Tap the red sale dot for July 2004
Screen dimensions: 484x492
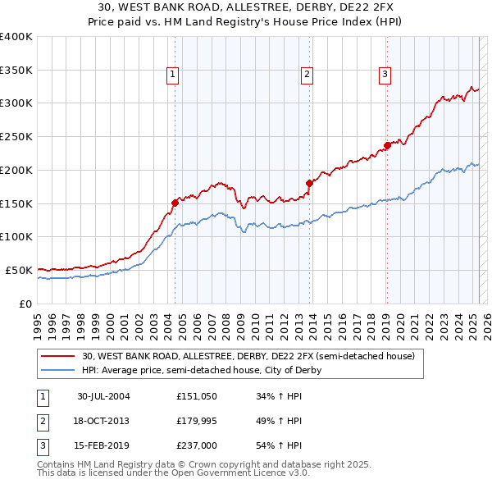pyautogui.click(x=175, y=202)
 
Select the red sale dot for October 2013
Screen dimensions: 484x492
pyautogui.click(x=309, y=183)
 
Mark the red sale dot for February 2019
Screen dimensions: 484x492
pyautogui.click(x=387, y=145)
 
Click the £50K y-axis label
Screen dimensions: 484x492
pyautogui.click(x=20, y=270)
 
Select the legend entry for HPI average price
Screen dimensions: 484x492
pyautogui.click(x=201, y=370)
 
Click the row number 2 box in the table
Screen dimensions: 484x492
pyautogui.click(x=41, y=422)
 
